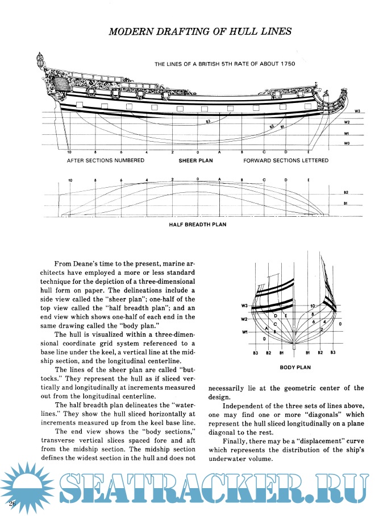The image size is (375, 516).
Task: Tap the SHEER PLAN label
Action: (196, 161)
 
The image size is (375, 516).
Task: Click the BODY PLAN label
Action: (295, 368)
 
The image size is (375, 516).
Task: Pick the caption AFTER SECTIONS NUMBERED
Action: (106, 161)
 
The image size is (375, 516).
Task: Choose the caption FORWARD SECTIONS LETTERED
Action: (286, 161)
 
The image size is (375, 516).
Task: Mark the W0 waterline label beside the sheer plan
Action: (346, 145)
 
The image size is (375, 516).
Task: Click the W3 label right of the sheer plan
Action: (357, 111)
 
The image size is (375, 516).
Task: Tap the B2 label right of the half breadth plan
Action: (346, 193)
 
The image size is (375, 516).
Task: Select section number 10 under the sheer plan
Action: (69, 153)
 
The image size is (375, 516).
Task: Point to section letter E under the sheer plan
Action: (308, 153)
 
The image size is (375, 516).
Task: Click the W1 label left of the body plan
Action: (245, 333)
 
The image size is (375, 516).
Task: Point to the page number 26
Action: (11, 505)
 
